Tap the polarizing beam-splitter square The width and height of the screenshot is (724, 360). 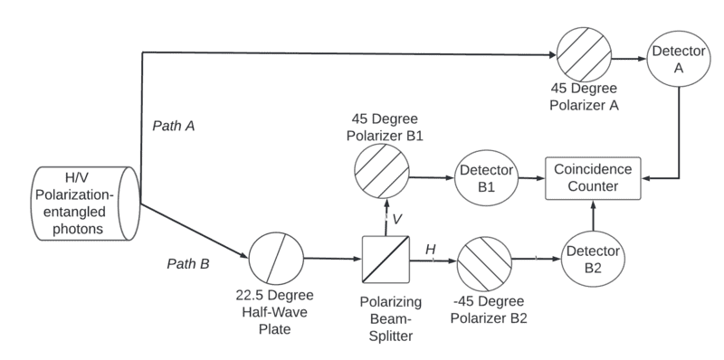tap(386, 260)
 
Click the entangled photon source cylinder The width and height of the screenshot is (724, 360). tap(86, 204)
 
